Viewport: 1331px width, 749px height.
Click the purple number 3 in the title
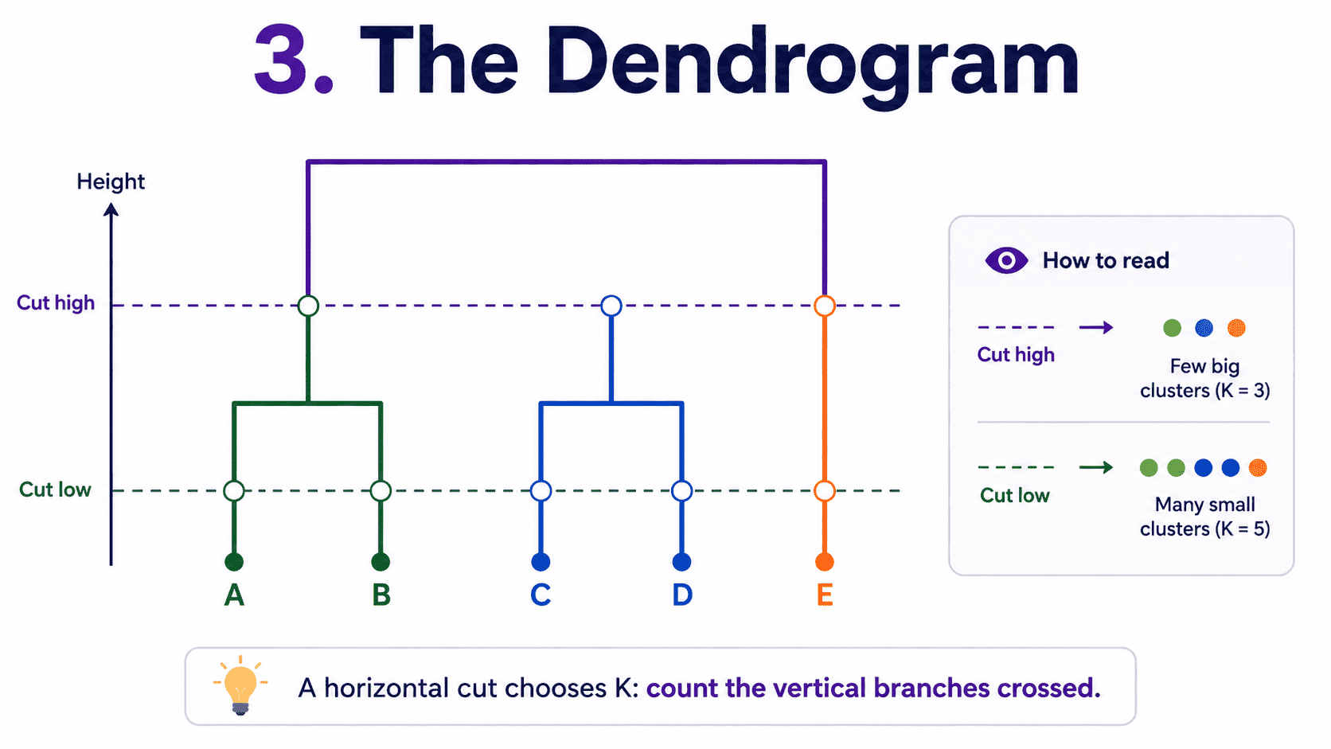coord(281,60)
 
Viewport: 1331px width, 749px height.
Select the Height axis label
coord(111,181)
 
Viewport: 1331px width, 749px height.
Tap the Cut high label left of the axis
coord(56,303)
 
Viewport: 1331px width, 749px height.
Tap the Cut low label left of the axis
coord(55,490)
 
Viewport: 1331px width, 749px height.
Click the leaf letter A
coord(234,595)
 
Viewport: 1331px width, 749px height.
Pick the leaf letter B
coord(381,595)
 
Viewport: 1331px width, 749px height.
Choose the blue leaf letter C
coord(541,595)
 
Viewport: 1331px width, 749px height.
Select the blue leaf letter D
coord(682,595)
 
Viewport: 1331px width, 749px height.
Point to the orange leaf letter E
coord(825,595)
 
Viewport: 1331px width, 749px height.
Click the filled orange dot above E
coord(824,561)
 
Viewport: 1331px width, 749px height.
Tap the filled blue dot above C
coord(541,561)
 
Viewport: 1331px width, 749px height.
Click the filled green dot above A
coord(234,561)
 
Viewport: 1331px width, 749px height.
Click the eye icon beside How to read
coord(1006,260)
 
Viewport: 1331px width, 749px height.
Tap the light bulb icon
coord(240,686)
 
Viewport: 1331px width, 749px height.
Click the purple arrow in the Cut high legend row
coord(1095,327)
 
